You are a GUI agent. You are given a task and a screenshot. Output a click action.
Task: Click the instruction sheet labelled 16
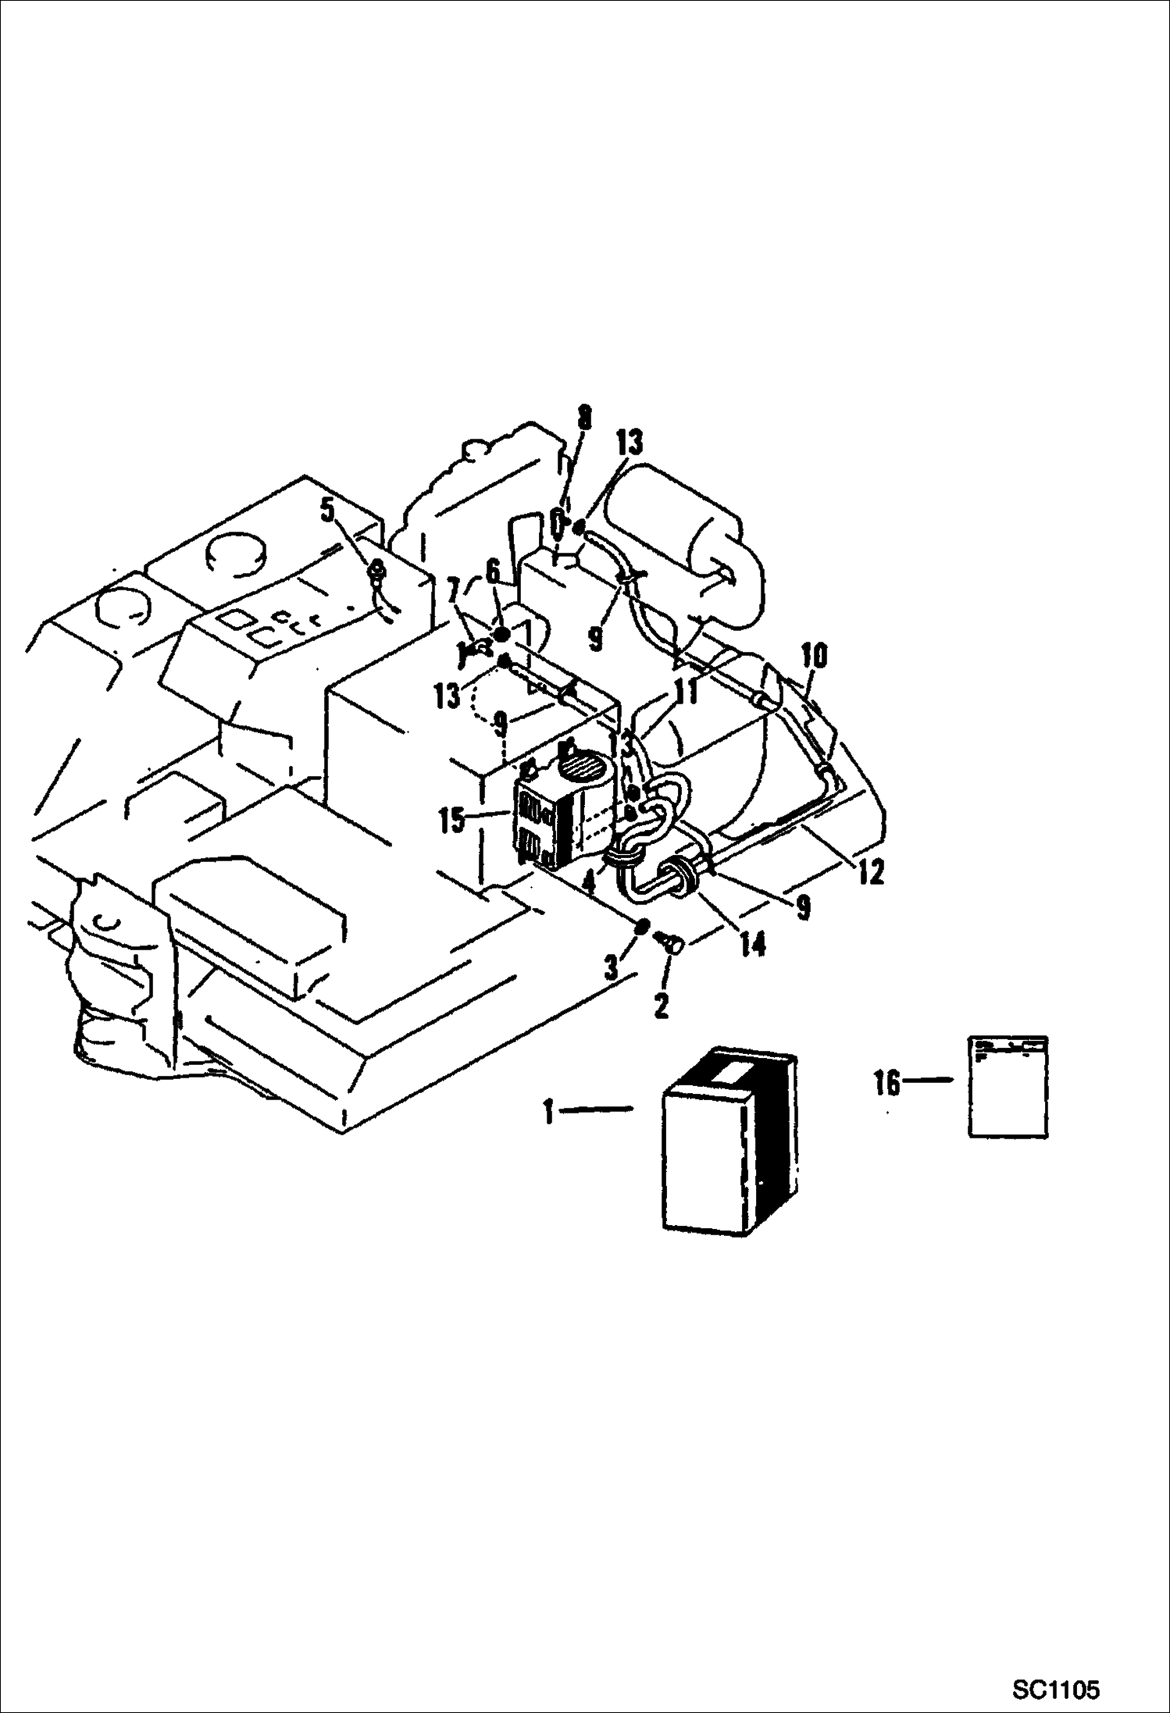coord(1008,1086)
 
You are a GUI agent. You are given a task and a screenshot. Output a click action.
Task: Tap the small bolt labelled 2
coord(669,944)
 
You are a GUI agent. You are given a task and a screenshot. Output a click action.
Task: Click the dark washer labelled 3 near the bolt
coord(640,927)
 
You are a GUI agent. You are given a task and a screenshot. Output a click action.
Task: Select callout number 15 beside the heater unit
coord(451,822)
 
